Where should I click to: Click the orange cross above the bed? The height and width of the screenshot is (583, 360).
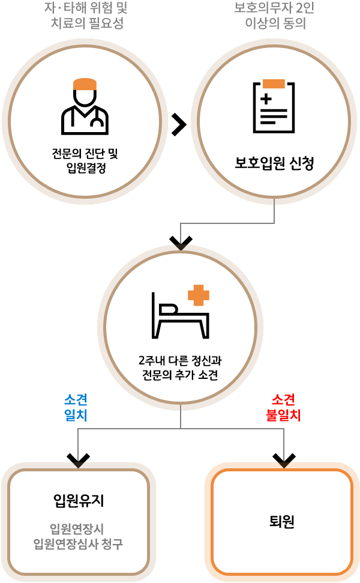(x=199, y=295)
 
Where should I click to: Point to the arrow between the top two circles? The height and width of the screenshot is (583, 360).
(x=179, y=124)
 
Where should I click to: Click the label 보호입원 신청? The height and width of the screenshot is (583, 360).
(x=274, y=163)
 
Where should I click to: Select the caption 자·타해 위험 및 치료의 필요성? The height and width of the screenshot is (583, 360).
(x=86, y=16)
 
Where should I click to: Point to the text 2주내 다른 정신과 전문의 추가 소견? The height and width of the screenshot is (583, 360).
(x=180, y=368)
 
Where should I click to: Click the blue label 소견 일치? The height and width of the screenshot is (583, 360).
(x=76, y=408)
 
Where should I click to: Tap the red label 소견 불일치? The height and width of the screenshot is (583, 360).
(x=283, y=408)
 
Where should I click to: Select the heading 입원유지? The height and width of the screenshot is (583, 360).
(x=79, y=500)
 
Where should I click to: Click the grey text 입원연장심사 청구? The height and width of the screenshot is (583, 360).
(x=79, y=545)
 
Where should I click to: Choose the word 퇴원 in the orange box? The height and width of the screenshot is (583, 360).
(x=282, y=521)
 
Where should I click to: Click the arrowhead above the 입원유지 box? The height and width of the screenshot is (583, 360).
(x=78, y=460)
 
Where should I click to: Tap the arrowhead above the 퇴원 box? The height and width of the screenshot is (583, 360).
(x=284, y=460)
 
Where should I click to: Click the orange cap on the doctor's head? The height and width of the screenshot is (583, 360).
(x=85, y=84)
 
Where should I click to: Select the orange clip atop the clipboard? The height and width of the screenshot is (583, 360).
(x=274, y=83)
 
